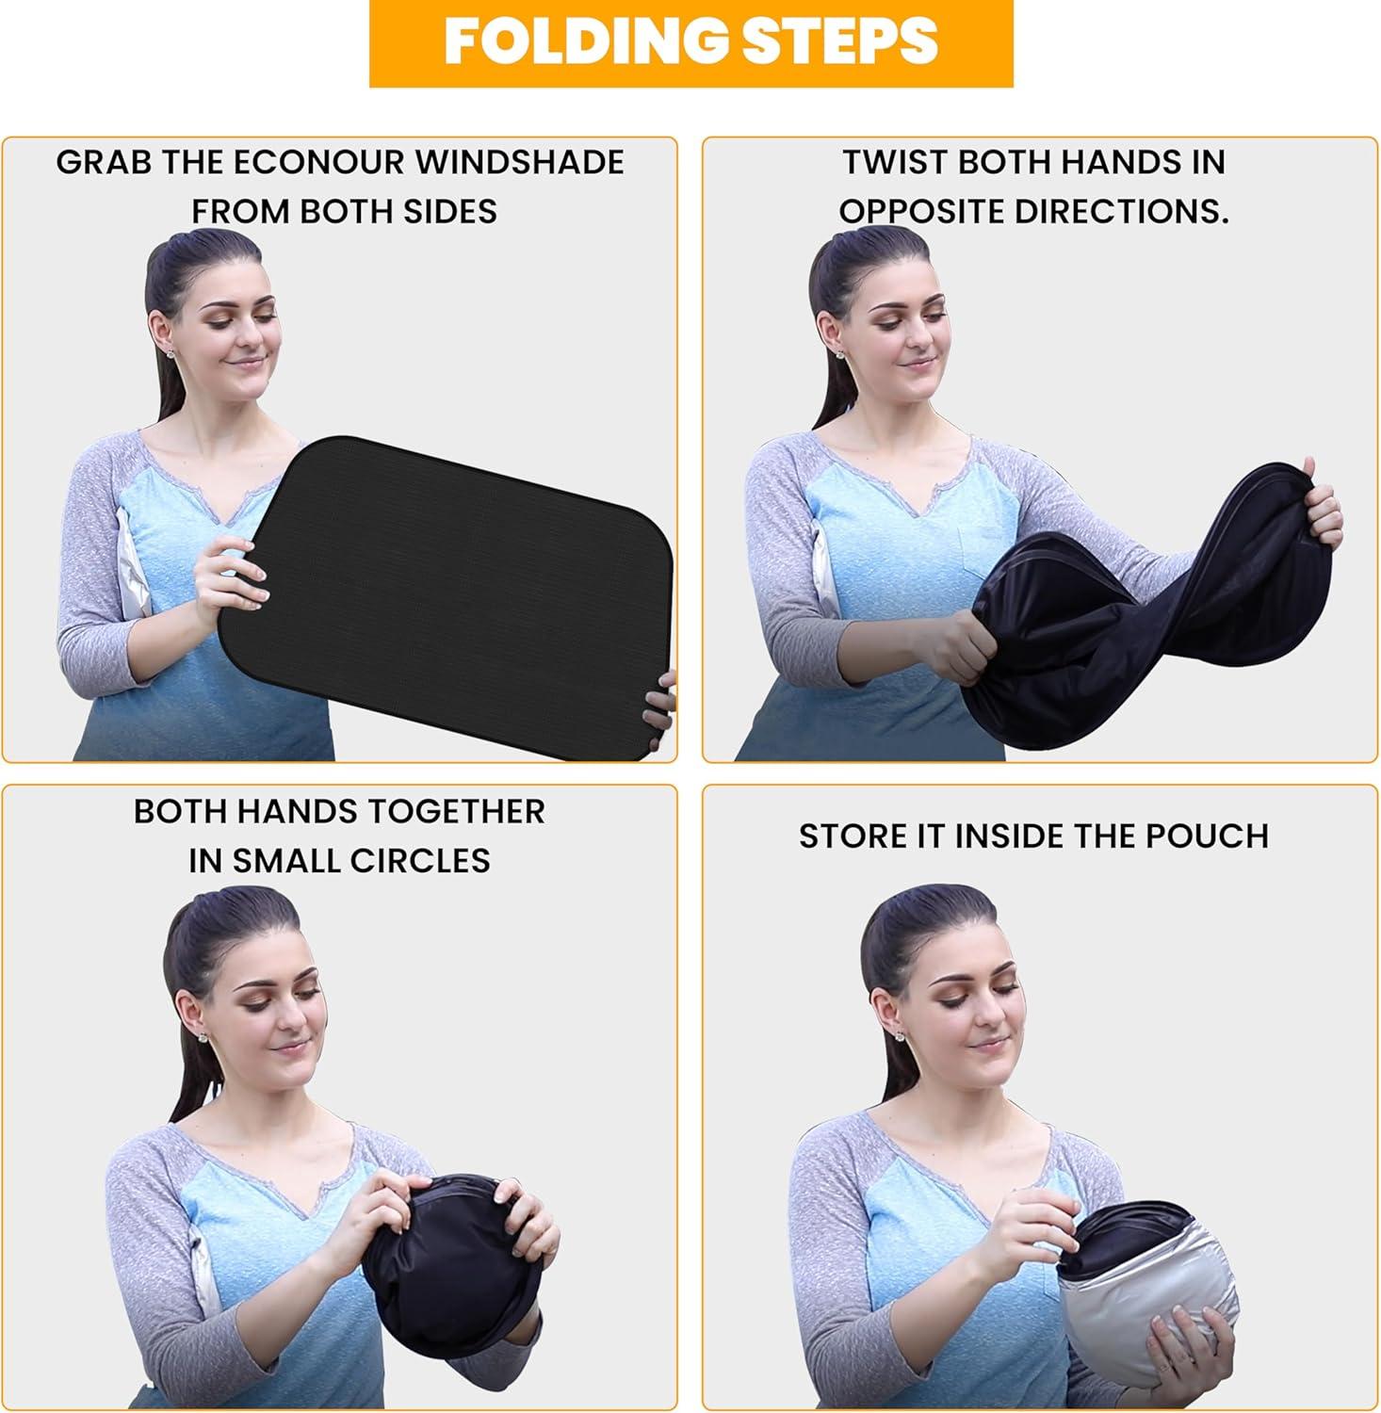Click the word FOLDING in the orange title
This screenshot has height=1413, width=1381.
tap(582, 41)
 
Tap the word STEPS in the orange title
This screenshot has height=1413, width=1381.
tap(835, 41)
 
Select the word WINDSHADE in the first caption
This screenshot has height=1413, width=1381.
tap(519, 162)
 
